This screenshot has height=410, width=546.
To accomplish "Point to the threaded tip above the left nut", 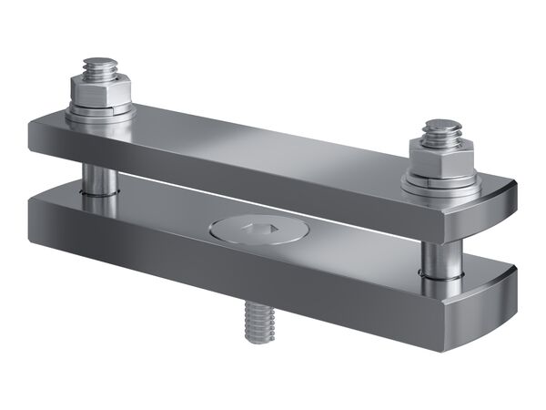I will pos(97,67).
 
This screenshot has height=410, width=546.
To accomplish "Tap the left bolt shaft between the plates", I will pos(98,177).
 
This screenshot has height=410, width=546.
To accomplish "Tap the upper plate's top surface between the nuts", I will pos(273,141).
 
